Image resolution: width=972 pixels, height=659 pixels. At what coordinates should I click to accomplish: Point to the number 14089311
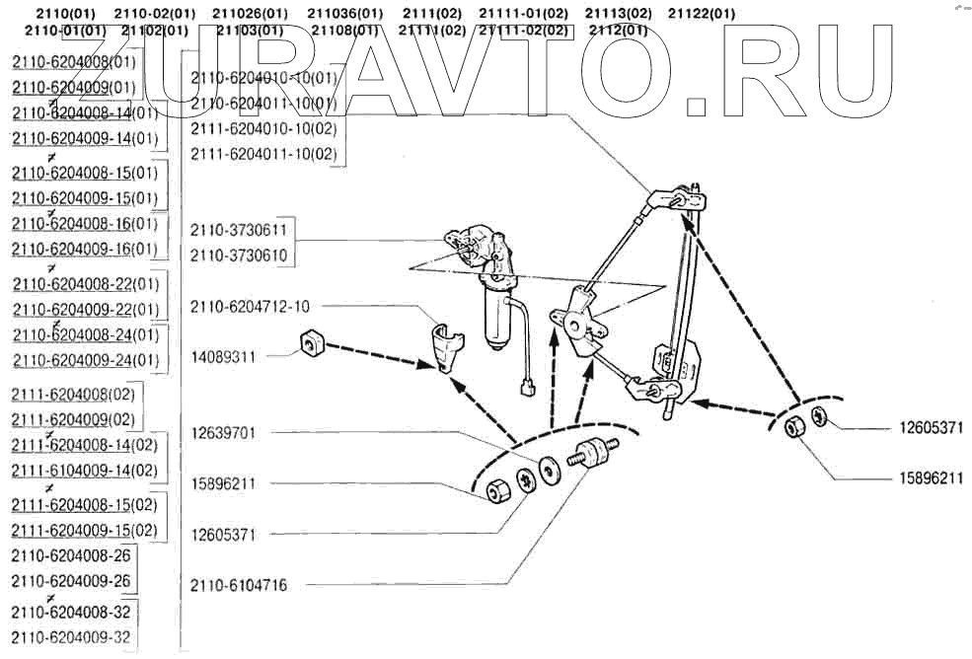pyautogui.click(x=223, y=357)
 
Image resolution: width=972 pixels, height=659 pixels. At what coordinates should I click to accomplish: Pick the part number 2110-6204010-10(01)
pyautogui.click(x=263, y=77)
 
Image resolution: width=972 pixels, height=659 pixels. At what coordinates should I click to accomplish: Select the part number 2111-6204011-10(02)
pyautogui.click(x=263, y=155)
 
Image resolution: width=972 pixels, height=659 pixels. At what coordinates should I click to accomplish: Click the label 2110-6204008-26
pyautogui.click(x=71, y=555)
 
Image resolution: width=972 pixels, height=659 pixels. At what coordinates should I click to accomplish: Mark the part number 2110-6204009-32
pyautogui.click(x=71, y=637)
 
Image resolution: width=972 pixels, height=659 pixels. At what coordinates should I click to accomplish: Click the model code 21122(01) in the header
pyautogui.click(x=701, y=14)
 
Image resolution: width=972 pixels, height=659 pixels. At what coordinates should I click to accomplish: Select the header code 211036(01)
pyautogui.click(x=345, y=14)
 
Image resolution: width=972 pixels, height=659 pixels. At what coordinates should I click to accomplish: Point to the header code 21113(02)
pyautogui.click(x=619, y=14)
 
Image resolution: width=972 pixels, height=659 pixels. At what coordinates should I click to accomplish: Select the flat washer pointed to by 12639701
pyautogui.click(x=550, y=465)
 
